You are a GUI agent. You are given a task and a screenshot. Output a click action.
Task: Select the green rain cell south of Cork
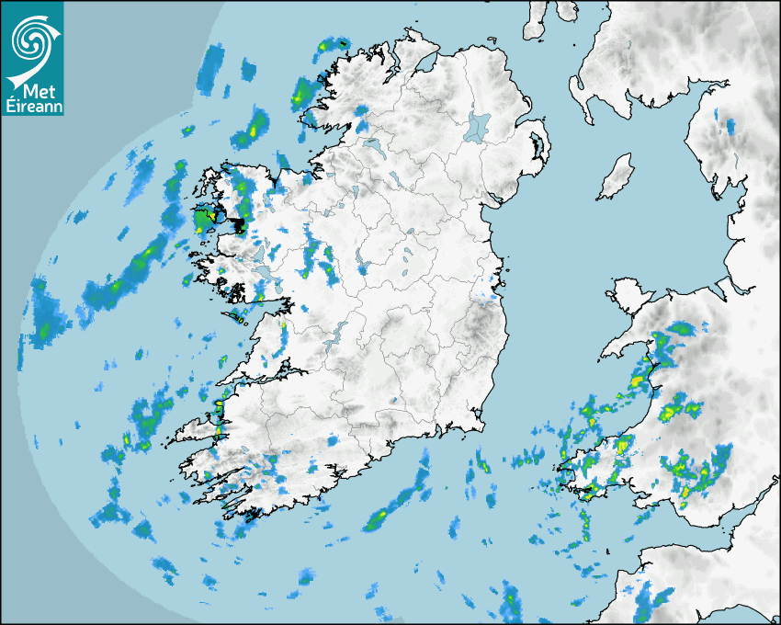tap(376, 520)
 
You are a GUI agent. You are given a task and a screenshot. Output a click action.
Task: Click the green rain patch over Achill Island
tap(203, 221)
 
